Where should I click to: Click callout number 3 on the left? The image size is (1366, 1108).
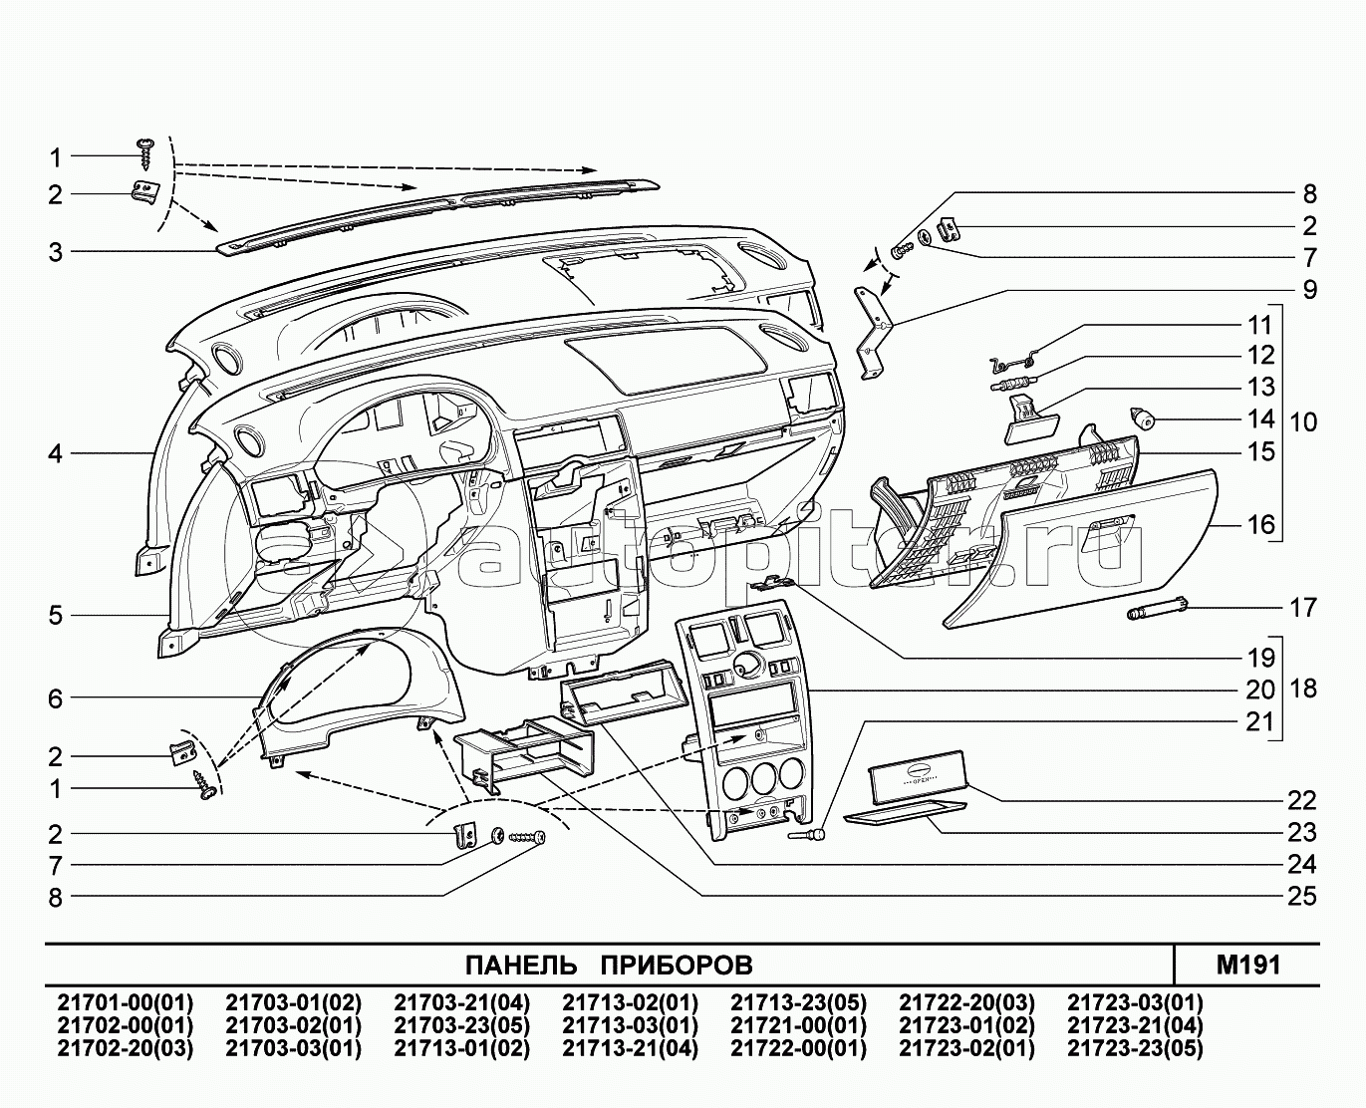click(x=56, y=253)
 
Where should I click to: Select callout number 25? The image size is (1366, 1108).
click(x=1302, y=896)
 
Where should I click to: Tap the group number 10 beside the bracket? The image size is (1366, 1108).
click(x=1302, y=421)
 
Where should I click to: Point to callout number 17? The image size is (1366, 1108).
click(x=1302, y=607)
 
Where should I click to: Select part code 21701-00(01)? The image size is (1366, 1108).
click(x=126, y=1002)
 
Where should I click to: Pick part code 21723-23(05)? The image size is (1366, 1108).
click(x=1135, y=1048)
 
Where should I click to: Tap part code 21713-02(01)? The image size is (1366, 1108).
click(x=630, y=1002)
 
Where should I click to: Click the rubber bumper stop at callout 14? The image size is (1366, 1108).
click(x=1142, y=417)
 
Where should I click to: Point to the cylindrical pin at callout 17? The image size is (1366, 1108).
click(x=1157, y=609)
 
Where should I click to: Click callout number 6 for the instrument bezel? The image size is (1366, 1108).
click(x=56, y=698)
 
